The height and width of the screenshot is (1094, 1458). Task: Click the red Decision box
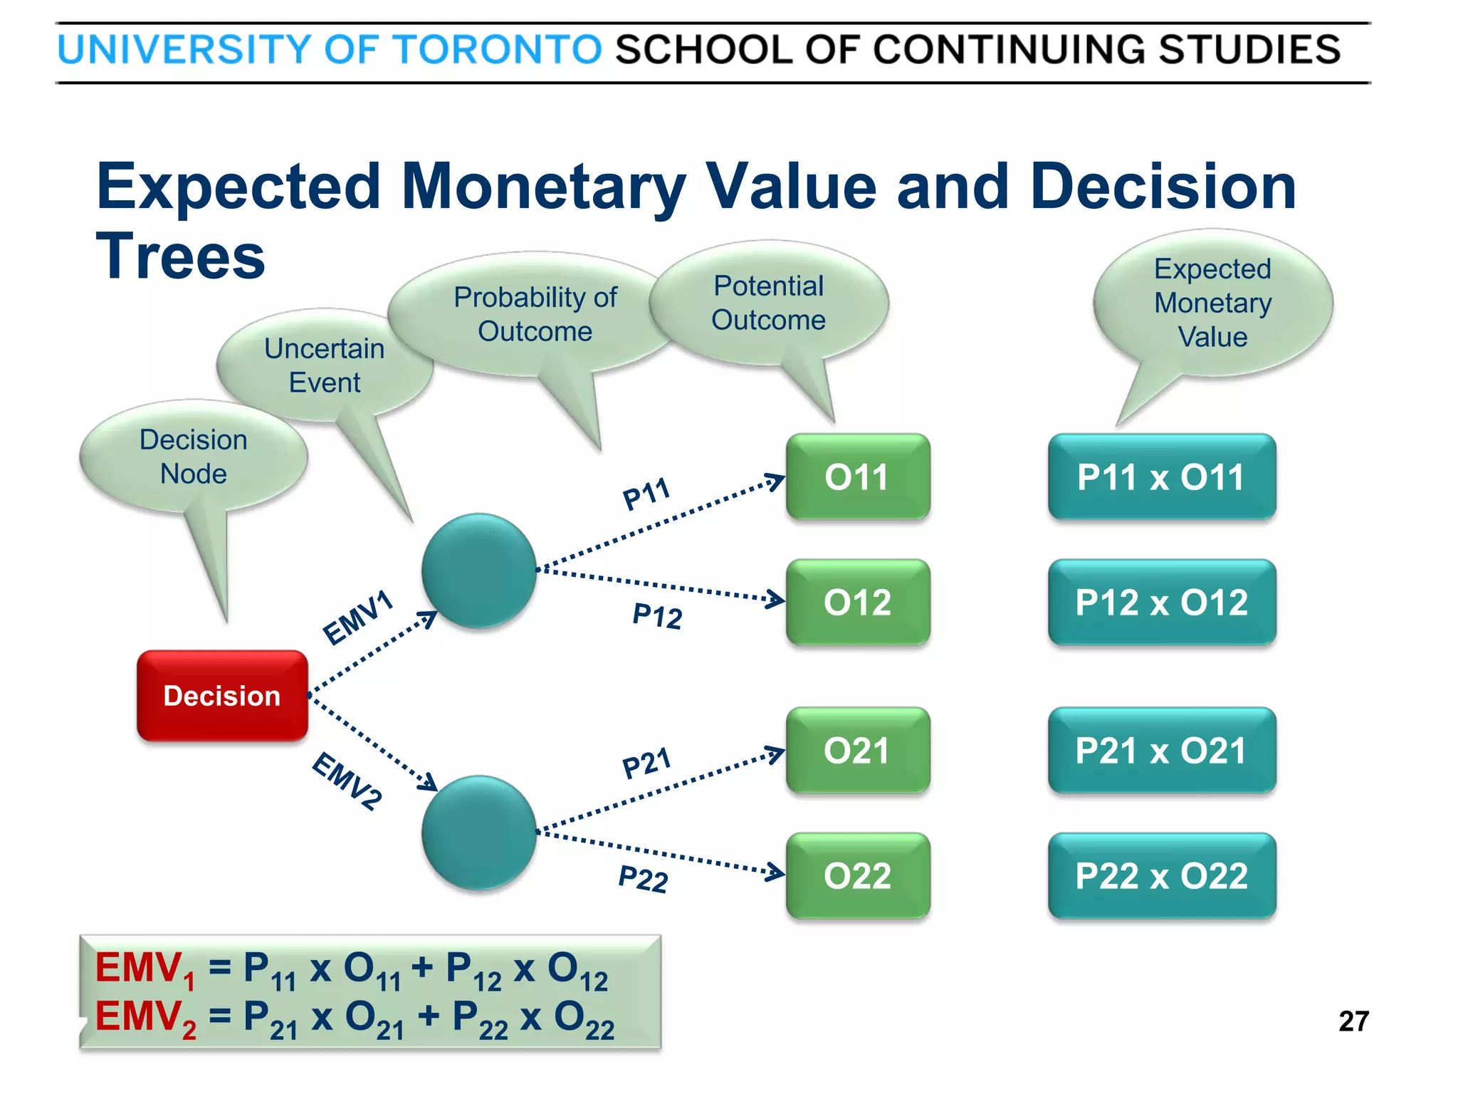tap(222, 696)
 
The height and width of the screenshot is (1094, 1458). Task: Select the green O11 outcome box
tap(858, 476)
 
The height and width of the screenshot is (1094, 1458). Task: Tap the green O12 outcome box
tap(858, 603)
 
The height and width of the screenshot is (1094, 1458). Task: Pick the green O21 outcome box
tap(858, 751)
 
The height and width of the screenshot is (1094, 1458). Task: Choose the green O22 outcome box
tap(858, 876)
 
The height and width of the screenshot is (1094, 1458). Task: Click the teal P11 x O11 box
tap(1161, 476)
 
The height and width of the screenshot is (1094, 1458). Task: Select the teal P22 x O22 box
tap(1161, 876)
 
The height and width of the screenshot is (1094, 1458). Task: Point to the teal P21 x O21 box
tap(1161, 751)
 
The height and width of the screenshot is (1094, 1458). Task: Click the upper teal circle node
tap(478, 571)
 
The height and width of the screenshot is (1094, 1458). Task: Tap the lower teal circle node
tap(478, 833)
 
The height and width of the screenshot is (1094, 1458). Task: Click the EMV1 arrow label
tap(358, 617)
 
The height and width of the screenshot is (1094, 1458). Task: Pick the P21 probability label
tap(647, 763)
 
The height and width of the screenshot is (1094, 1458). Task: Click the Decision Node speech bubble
tap(194, 457)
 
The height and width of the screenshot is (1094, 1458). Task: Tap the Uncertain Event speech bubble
tap(325, 365)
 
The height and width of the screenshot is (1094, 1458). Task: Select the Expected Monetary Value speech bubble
tap(1213, 303)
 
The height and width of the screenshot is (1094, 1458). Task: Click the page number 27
tap(1353, 1021)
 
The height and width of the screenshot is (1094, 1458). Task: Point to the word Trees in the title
tap(181, 256)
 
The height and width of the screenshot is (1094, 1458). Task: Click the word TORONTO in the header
tap(497, 50)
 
